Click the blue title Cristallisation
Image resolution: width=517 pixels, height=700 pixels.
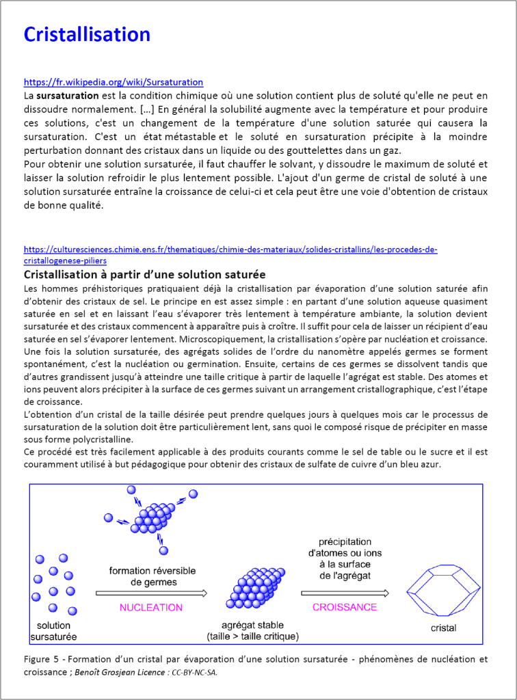[x=87, y=34]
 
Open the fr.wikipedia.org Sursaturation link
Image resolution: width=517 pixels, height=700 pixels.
[x=113, y=82]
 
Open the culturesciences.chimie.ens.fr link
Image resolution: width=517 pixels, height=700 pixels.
[x=230, y=250]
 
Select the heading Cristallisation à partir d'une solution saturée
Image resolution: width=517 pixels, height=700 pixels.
[x=144, y=274]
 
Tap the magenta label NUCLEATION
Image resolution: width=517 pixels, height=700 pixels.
[x=151, y=607]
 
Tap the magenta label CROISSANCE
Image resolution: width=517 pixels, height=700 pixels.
[x=345, y=607]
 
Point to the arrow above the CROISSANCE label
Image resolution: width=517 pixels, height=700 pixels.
[x=345, y=593]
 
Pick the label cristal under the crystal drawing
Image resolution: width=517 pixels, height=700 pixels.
[x=444, y=628]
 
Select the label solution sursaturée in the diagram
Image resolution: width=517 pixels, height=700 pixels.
[x=53, y=632]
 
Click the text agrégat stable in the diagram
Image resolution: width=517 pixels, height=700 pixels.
[x=252, y=625]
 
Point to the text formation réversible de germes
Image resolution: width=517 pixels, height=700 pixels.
[x=152, y=576]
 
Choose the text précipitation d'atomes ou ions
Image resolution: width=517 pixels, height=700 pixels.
[x=345, y=547]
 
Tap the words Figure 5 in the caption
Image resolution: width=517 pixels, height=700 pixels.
[x=42, y=660]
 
